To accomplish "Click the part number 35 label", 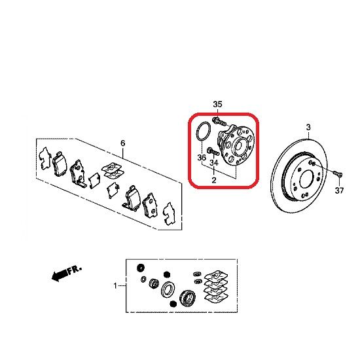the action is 218,104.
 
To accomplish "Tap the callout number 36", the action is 202,158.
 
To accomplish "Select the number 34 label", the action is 214,162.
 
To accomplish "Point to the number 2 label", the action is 214,180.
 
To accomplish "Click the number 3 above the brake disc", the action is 308,127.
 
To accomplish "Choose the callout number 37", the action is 339,190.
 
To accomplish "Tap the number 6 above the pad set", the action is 123,143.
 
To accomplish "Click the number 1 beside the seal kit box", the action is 115,286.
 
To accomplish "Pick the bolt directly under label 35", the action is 219,121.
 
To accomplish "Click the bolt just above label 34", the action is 213,151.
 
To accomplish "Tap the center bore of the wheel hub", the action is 238,146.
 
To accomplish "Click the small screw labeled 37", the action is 337,173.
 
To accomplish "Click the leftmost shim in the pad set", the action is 45,158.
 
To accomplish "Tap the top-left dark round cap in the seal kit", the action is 141,268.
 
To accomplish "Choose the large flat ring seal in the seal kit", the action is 168,289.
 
